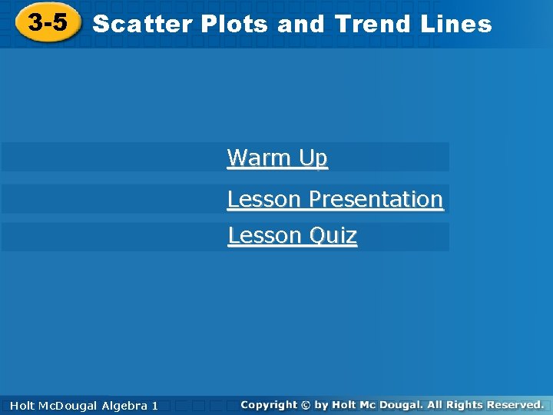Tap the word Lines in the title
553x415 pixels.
[x=455, y=24]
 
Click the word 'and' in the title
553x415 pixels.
[x=302, y=24]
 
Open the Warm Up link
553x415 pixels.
[x=277, y=158]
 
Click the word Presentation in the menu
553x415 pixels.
[x=376, y=199]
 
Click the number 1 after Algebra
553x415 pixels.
[x=155, y=405]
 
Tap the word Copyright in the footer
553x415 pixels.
[x=268, y=404]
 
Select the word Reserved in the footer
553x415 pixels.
[x=513, y=404]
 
